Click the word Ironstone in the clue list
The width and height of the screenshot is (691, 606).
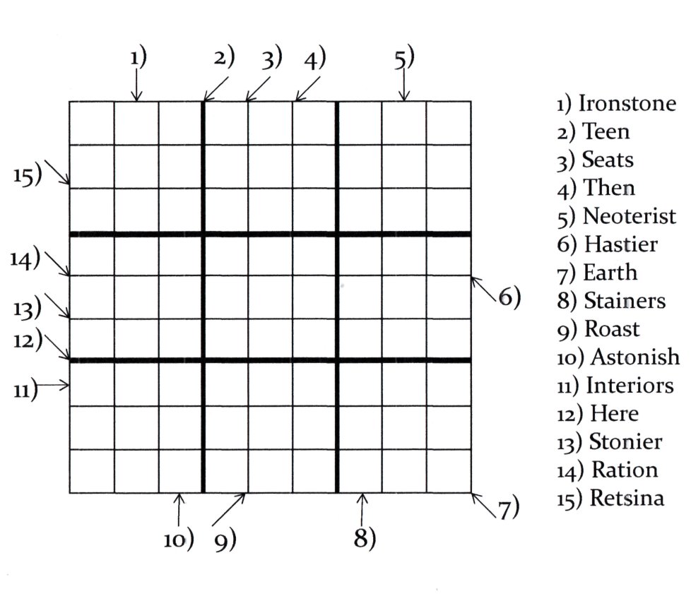click(627, 104)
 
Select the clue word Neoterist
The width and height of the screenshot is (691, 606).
click(630, 216)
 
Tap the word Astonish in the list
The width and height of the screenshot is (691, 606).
click(635, 357)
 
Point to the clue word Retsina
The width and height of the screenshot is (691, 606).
click(627, 498)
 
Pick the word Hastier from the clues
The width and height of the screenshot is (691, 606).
click(621, 244)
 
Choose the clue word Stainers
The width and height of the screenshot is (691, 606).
click(625, 301)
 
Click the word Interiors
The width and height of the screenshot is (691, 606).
click(630, 386)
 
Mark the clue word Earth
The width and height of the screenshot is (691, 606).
click(610, 273)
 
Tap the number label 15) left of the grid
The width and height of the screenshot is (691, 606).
click(28, 175)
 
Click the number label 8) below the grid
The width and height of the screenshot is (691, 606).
click(365, 537)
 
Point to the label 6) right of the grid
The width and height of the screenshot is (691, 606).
click(510, 297)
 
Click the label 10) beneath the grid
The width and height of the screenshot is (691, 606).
click(179, 539)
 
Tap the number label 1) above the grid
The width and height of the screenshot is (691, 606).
click(138, 58)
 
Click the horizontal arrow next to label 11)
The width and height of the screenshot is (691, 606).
click(53, 386)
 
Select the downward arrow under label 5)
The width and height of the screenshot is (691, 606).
click(404, 85)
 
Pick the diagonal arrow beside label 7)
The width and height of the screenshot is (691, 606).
click(484, 505)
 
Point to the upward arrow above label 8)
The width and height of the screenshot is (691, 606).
click(362, 509)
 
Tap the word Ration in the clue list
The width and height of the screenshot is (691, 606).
click(625, 470)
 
